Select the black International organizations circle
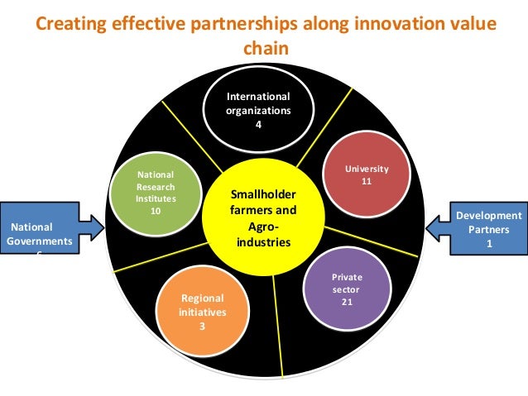[x=258, y=112]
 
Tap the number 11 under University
[x=367, y=180]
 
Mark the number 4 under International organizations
[x=258, y=126]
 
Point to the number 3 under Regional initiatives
[x=201, y=326]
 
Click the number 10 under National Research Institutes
[x=155, y=210]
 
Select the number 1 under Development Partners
[x=489, y=243]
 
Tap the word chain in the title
[x=263, y=48]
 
